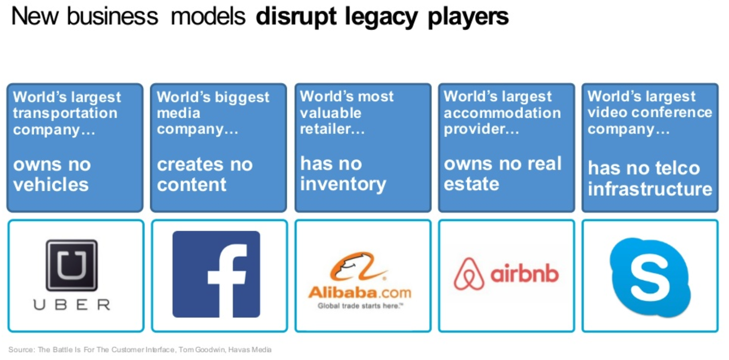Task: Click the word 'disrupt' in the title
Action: pos(296,17)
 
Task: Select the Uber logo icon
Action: pos(71,265)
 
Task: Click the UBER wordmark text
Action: pos(72,305)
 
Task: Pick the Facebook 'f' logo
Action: pos(216,274)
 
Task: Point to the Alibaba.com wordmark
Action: pos(360,292)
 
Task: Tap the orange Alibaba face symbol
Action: pos(357,266)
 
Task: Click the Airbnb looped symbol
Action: pos(469,274)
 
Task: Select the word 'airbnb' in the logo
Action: pos(525,274)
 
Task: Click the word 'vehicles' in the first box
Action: pos(51,185)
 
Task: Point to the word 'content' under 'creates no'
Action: pos(192,185)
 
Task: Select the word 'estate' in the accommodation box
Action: pos(472,184)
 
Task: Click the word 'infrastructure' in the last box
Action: pos(650,189)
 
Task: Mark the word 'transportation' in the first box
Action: pos(65,113)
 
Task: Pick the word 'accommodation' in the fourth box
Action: pos(502,113)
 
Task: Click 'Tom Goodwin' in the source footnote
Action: pos(202,350)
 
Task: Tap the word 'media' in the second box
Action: pos(178,113)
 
